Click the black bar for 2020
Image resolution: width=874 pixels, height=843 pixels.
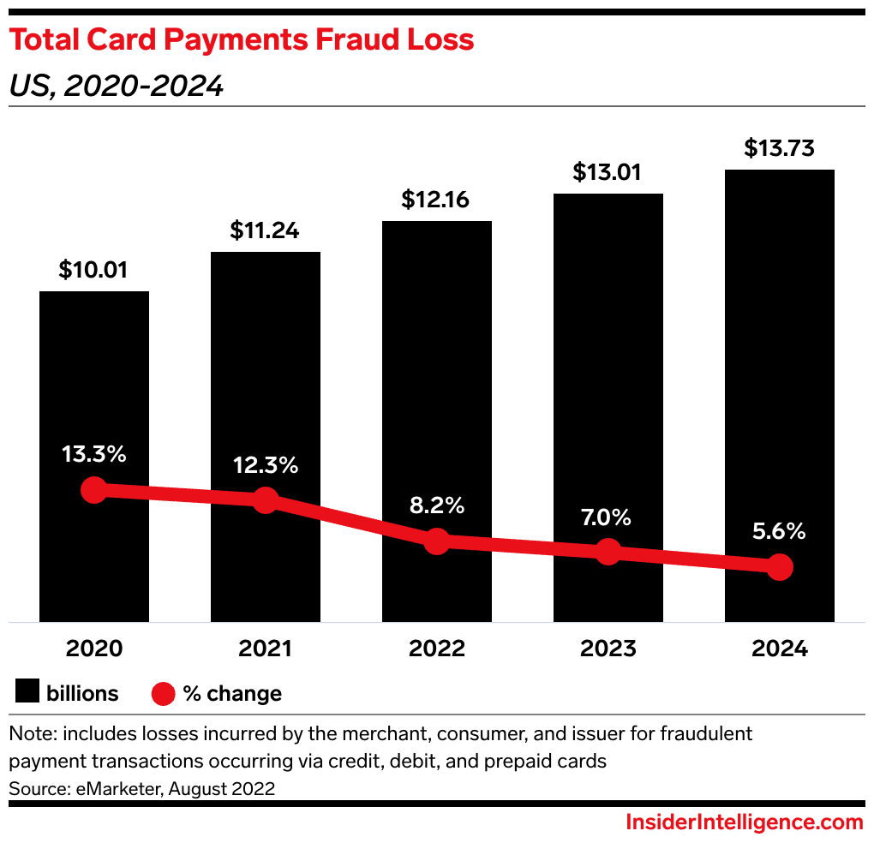coord(94,386)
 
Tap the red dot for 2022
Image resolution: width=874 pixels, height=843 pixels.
coord(437,541)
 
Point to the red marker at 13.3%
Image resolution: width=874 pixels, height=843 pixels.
coord(93,490)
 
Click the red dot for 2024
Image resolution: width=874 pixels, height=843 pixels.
coord(779,566)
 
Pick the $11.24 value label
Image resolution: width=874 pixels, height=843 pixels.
coord(265,230)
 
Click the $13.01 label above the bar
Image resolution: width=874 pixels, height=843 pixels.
coord(608,172)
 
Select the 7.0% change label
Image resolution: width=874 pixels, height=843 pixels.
coord(608,517)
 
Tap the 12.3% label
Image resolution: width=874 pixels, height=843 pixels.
coord(266,466)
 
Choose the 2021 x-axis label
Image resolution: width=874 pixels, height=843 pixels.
coord(266,649)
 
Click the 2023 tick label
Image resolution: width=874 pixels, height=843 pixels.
coord(608,649)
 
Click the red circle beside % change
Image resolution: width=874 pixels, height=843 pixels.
coord(164,693)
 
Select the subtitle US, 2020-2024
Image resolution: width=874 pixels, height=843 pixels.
coord(116,86)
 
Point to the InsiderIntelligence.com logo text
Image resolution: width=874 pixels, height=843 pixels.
coord(744,822)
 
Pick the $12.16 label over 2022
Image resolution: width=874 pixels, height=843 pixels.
coord(436,200)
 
